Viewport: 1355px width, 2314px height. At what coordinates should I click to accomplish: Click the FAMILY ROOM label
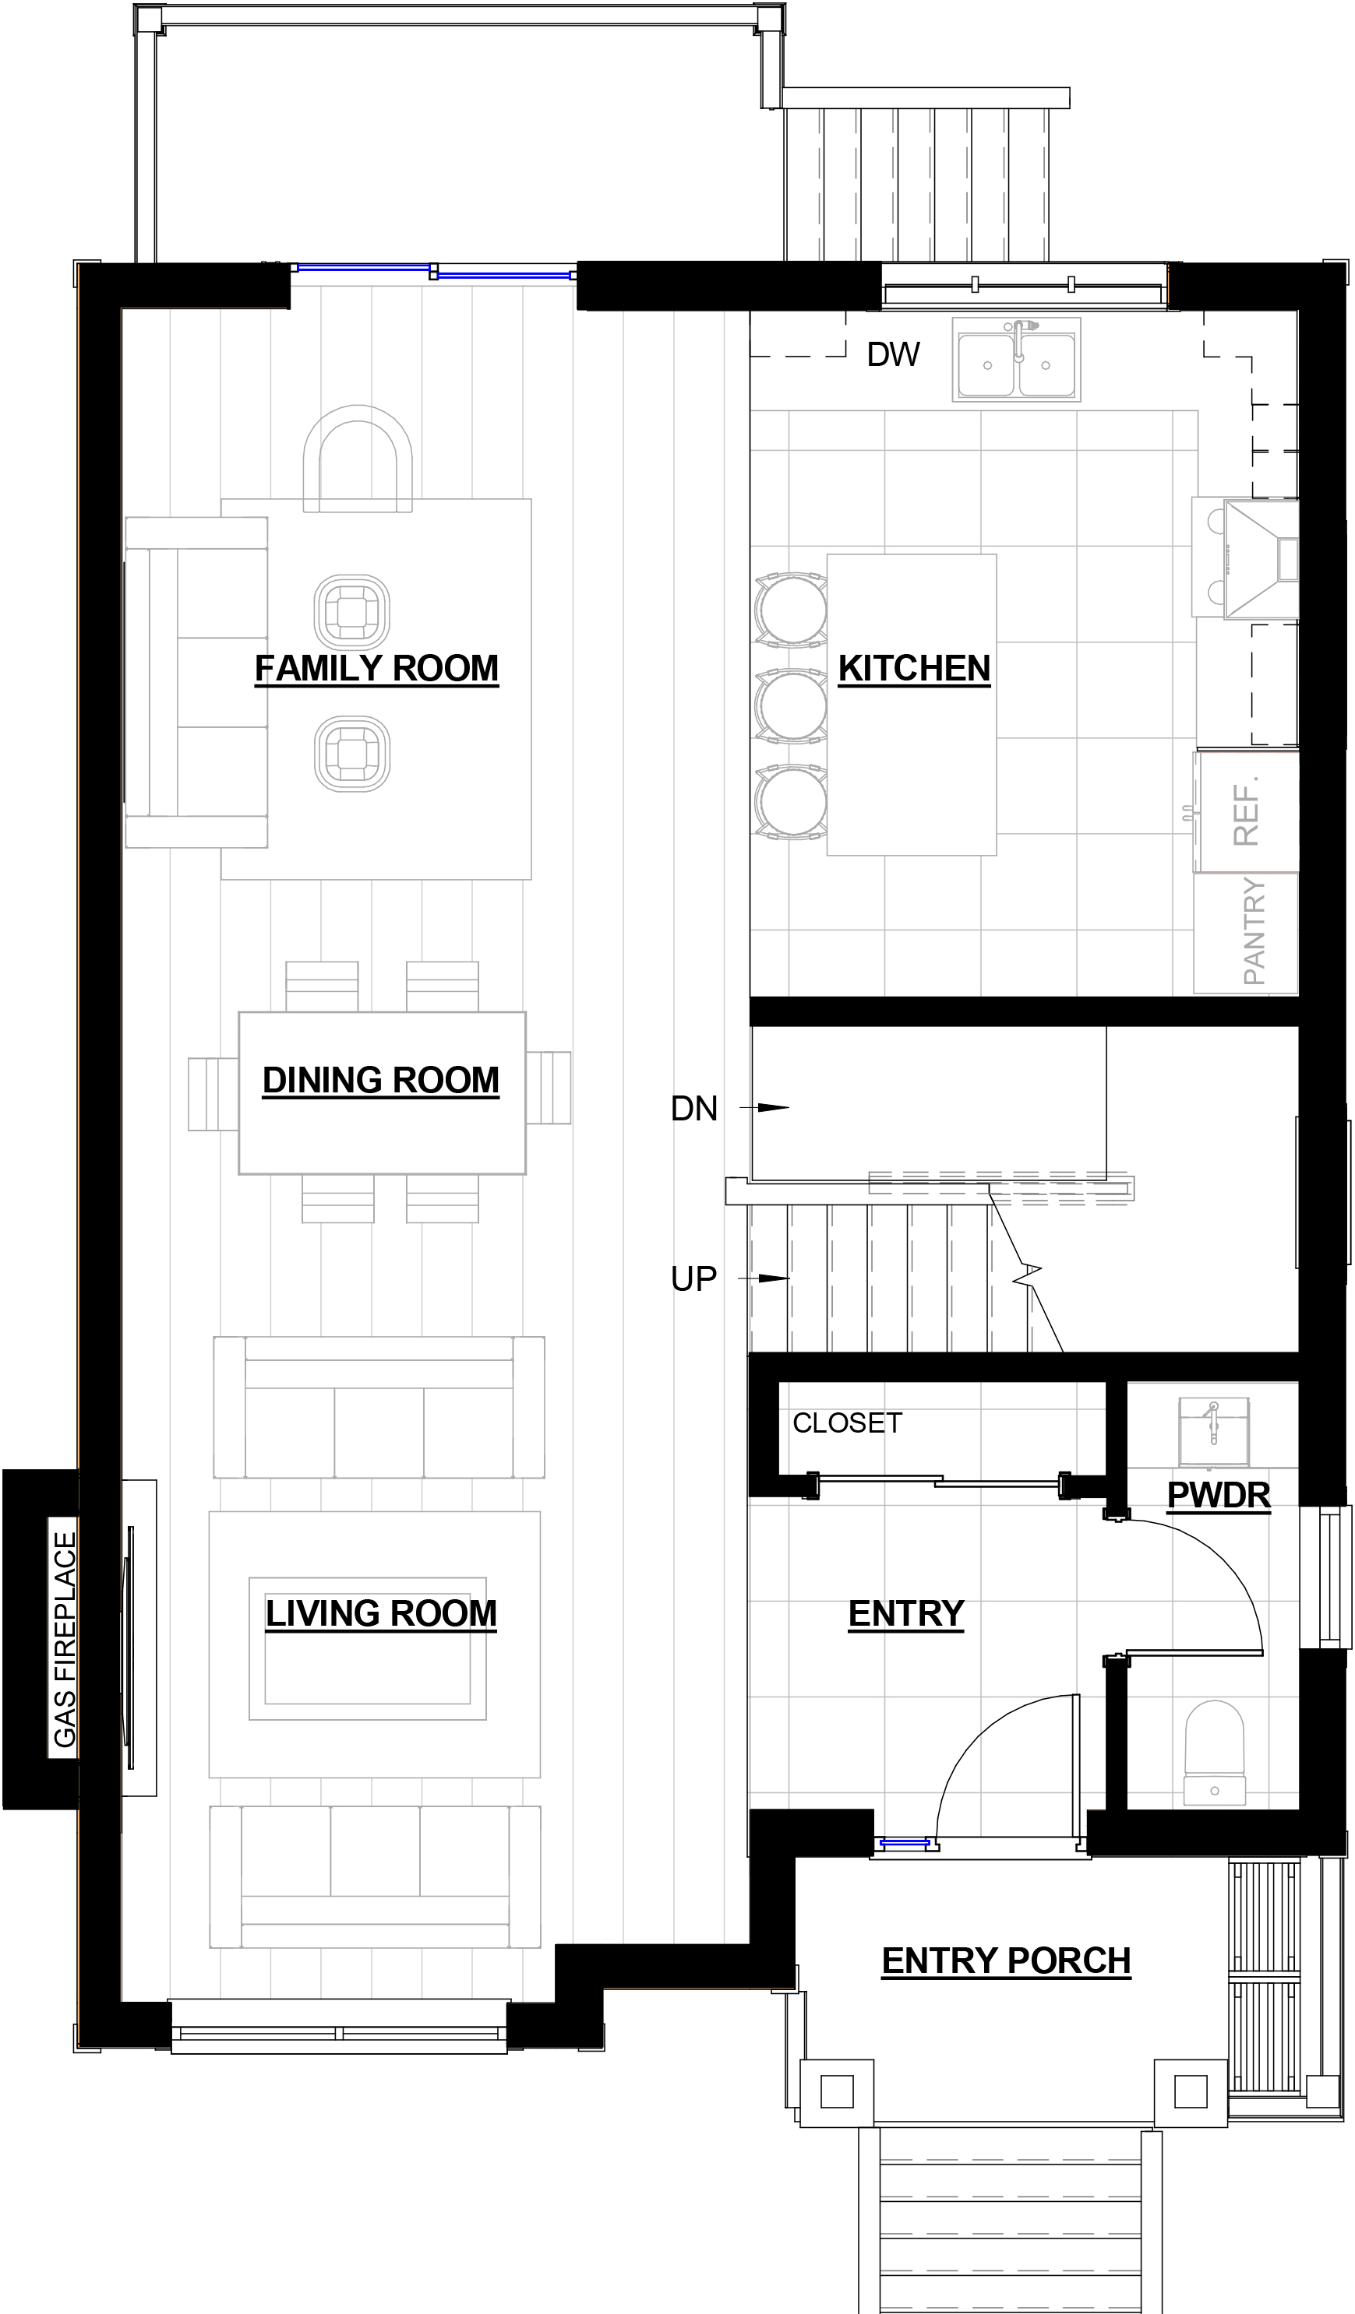[x=376, y=669]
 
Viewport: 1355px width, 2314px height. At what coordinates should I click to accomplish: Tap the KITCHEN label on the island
[x=914, y=669]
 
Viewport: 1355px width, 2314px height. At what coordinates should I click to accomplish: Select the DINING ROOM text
[x=381, y=1080]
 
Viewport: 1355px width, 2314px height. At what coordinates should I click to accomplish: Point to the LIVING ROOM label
[x=381, y=1612]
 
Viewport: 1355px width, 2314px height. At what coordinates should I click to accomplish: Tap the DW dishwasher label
[x=893, y=354]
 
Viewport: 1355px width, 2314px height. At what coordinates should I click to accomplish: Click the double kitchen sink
[x=1016, y=360]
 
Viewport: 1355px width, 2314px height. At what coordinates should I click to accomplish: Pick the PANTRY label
[x=1254, y=931]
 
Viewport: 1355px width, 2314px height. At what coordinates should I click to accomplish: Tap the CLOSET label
[x=847, y=1423]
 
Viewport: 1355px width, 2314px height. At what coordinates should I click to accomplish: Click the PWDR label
[x=1218, y=1495]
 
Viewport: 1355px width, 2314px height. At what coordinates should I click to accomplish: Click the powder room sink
[x=1213, y=1433]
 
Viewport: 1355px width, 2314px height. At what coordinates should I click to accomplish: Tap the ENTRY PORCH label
[x=1006, y=1961]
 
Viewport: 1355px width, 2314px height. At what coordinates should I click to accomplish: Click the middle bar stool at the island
[x=791, y=706]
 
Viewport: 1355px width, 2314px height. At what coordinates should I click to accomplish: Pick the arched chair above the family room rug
[x=358, y=459]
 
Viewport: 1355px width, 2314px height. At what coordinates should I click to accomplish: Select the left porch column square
[x=837, y=2092]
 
